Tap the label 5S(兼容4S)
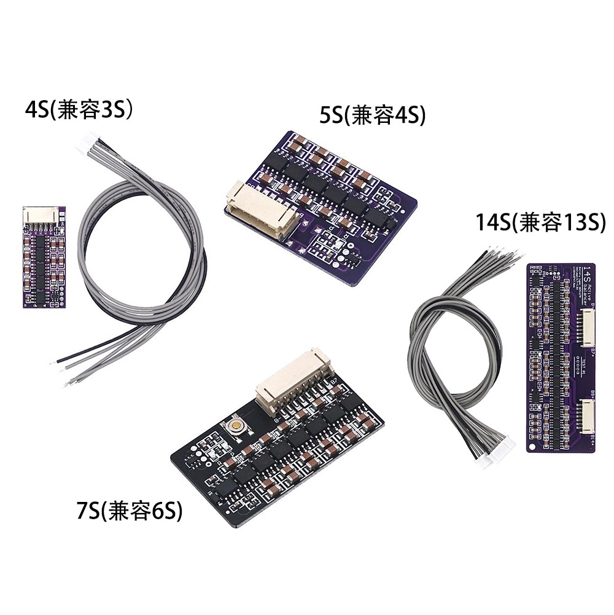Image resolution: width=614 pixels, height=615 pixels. pos(373,115)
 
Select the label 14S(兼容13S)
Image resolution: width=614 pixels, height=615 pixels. pos(541,223)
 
